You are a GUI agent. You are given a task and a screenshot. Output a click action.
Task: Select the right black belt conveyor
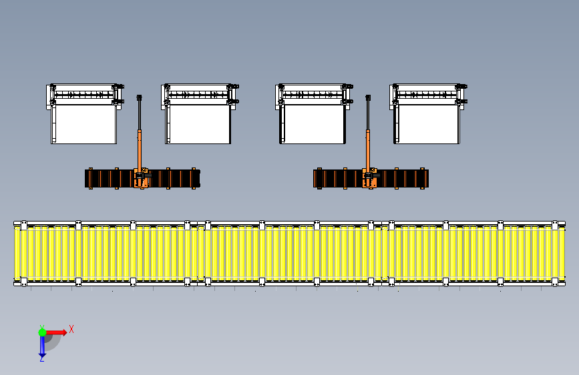(x=401, y=179)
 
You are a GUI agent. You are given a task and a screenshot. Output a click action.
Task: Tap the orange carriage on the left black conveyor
(x=142, y=179)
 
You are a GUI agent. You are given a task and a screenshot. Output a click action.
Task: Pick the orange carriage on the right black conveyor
(x=369, y=179)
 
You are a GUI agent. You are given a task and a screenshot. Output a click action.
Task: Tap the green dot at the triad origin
(x=42, y=332)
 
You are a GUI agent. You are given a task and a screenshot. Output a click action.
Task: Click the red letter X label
(x=71, y=329)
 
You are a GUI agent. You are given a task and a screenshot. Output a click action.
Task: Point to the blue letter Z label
(x=41, y=359)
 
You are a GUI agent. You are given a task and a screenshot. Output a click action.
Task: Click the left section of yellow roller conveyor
(x=107, y=252)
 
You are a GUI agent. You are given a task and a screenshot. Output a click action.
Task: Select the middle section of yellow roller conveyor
(x=291, y=252)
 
